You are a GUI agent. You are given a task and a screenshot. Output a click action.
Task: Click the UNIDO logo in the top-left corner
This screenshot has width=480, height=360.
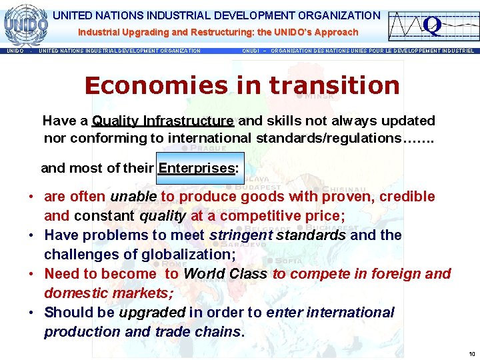[25, 23]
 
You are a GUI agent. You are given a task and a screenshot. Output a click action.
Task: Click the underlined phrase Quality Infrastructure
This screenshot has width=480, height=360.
[163, 121]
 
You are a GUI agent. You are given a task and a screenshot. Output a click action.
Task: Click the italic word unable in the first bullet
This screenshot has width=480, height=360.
[133, 197]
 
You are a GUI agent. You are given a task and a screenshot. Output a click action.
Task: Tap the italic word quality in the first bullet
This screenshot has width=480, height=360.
[163, 215]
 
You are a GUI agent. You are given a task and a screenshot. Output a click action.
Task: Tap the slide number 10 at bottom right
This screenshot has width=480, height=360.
[471, 353]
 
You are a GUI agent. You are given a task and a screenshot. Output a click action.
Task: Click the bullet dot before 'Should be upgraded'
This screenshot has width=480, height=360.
[31, 313]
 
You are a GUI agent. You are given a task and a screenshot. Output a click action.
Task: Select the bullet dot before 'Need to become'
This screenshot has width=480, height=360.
[31, 274]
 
